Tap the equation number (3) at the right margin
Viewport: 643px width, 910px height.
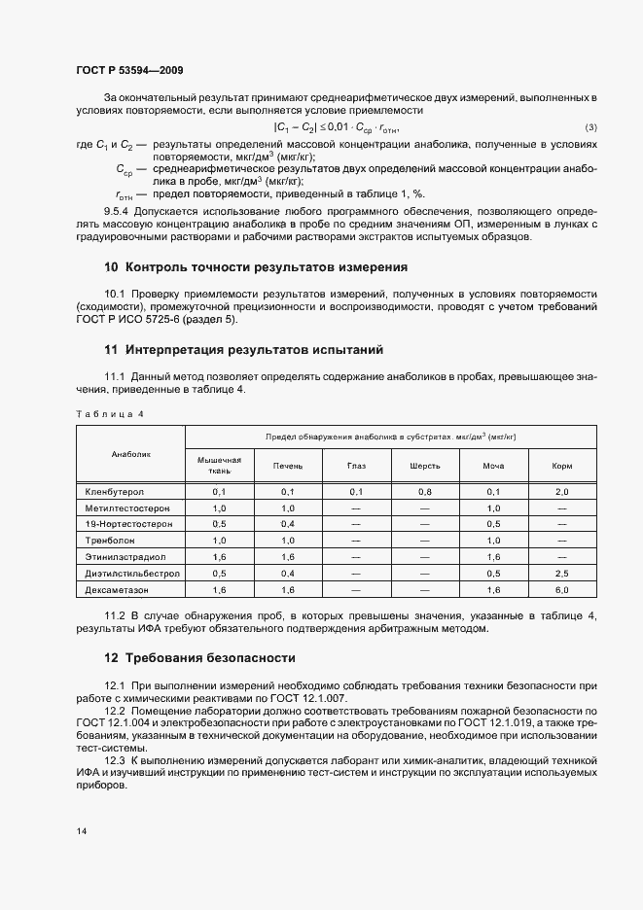point(590,128)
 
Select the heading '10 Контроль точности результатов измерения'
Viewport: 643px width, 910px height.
point(255,266)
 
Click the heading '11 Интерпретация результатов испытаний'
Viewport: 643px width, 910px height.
point(244,349)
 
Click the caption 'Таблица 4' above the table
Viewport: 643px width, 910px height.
point(109,414)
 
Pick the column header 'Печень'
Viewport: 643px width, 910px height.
point(288,466)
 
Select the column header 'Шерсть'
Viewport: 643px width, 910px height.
point(425,466)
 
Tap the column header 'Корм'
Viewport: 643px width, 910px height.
point(561,466)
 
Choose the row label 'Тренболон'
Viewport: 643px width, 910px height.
point(110,540)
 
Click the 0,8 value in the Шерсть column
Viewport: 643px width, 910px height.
point(425,492)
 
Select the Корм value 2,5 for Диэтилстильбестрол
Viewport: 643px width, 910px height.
point(561,574)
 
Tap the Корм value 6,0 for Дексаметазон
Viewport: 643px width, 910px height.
point(561,589)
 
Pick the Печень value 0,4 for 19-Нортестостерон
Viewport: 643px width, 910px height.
point(288,524)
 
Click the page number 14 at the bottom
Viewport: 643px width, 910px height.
point(81,831)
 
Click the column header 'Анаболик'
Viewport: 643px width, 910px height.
point(130,453)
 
